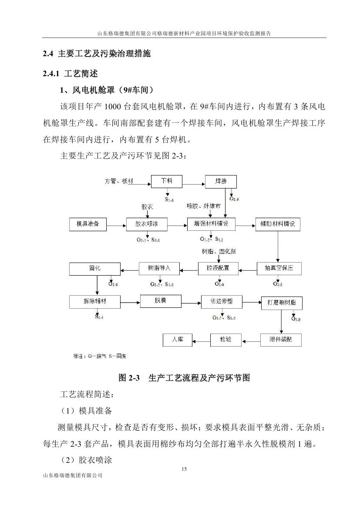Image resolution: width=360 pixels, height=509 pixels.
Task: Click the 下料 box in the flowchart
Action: point(167,181)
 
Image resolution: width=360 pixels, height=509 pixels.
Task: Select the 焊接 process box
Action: point(221,181)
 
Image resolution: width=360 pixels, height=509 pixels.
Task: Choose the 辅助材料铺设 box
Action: point(278,224)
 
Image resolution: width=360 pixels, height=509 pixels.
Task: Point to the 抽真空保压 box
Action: point(279,268)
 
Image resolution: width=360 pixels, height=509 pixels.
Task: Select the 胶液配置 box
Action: point(218,268)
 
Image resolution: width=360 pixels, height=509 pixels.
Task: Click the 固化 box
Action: point(94,269)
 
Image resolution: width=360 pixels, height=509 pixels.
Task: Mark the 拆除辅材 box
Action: point(94,302)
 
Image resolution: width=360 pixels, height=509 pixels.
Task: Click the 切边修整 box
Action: point(221,302)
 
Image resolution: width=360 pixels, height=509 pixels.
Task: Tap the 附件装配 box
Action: point(281,340)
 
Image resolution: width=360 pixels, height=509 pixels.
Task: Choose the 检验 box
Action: point(225,340)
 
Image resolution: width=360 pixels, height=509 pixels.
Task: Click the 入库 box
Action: point(178,340)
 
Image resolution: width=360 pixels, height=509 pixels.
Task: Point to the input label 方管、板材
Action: point(119,181)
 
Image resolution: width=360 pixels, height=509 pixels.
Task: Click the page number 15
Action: point(183,469)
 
